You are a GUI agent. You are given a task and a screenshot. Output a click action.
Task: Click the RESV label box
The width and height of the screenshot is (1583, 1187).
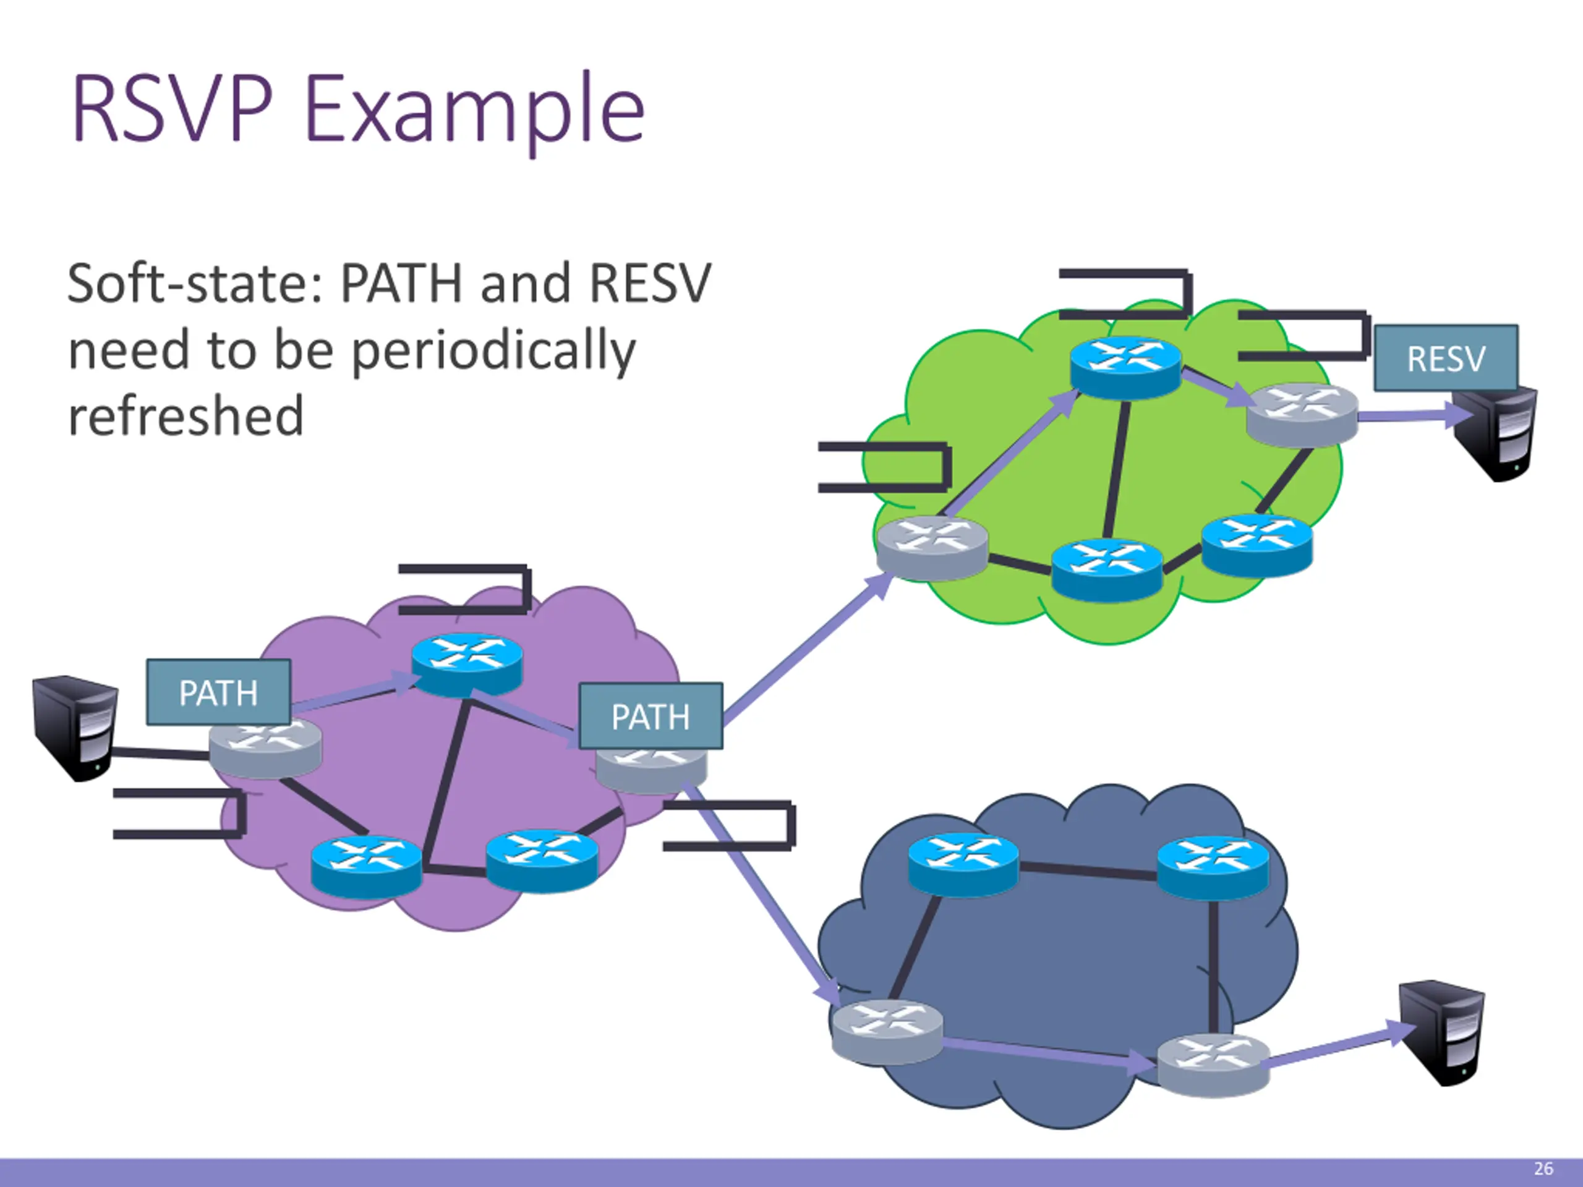coord(1446,358)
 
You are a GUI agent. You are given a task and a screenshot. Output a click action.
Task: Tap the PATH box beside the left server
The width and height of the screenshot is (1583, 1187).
coord(218,692)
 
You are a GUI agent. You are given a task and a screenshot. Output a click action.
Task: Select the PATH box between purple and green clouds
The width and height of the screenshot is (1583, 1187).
coord(651,716)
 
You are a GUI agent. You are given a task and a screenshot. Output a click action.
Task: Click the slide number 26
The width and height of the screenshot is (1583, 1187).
coord(1543,1169)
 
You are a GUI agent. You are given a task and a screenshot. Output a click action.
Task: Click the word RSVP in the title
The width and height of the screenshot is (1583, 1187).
coord(172,109)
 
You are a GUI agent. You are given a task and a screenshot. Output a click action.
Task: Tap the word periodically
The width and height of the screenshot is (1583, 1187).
coord(494,351)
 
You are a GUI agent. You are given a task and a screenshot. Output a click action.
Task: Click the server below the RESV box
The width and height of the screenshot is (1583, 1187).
coord(1496,433)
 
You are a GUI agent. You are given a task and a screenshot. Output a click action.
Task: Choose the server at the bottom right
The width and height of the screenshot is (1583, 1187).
coord(1441,1032)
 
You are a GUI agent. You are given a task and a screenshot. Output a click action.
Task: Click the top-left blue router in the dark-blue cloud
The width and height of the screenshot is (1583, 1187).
coord(963,864)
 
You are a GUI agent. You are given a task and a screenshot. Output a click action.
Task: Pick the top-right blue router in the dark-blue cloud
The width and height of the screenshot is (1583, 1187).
coord(1213,868)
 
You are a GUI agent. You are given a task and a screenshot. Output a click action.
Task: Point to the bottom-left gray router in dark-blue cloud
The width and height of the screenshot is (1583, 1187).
coord(887,1031)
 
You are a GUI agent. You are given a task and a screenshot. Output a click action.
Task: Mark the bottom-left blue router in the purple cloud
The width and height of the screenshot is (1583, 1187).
coord(367,864)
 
